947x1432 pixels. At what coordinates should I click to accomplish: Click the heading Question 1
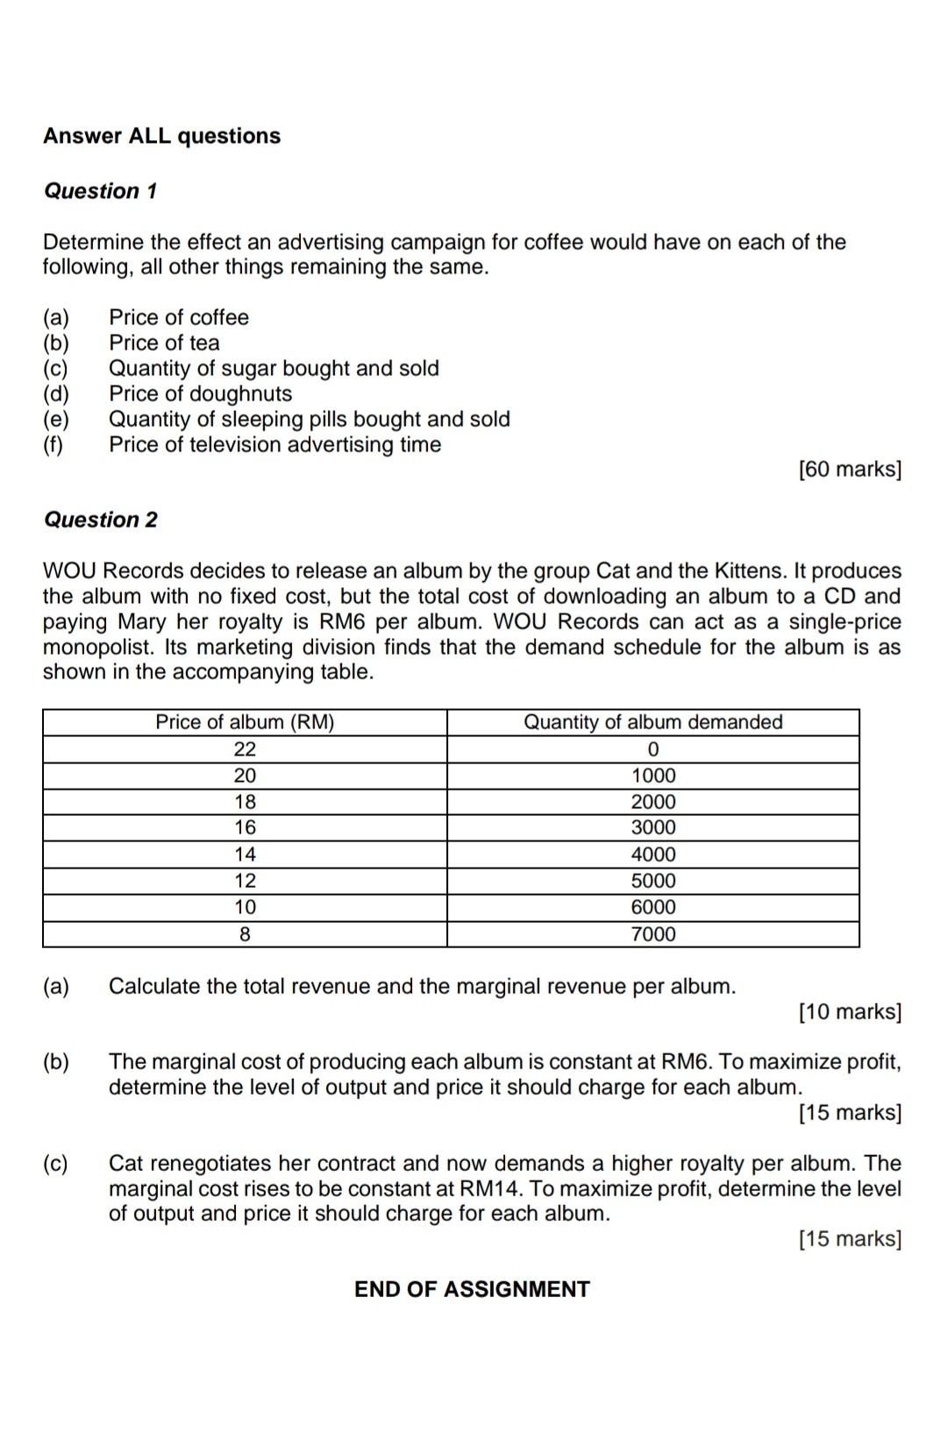101,191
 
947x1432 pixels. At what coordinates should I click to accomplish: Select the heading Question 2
101,520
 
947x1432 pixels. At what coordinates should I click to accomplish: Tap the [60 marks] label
850,470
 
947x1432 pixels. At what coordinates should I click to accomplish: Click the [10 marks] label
850,1012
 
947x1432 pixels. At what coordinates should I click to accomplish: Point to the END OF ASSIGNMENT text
472,1289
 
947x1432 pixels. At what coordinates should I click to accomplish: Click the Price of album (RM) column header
245,722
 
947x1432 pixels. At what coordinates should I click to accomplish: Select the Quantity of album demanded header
652,722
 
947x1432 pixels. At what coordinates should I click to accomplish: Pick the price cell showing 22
245,749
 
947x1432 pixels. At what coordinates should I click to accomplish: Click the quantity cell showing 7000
653,934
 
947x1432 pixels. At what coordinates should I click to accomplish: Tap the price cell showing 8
245,934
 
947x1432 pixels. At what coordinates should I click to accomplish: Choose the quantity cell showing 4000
653,854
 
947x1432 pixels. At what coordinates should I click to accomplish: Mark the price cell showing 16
245,827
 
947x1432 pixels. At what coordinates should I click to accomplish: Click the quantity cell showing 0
653,749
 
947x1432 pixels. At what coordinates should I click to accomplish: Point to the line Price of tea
164,343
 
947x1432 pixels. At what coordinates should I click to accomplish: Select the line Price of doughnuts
200,393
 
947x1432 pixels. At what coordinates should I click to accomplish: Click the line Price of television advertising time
274,444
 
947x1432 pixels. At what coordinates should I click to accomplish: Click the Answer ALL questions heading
162,136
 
